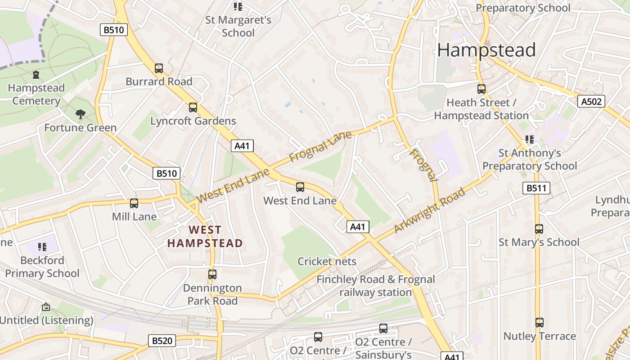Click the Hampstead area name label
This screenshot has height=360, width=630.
486,50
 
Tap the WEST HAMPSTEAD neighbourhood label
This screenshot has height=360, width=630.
205,237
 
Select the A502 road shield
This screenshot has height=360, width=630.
591,101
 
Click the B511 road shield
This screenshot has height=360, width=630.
536,188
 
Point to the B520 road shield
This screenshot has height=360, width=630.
162,341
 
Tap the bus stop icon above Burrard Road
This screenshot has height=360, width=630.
159,68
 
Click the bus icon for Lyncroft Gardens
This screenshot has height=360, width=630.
193,108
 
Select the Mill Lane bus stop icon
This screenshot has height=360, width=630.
134,203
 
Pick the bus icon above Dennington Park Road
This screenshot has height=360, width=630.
212,274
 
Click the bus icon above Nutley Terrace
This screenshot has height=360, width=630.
539,323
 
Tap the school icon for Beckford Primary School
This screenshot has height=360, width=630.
42,247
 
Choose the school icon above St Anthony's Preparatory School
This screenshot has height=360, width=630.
529,139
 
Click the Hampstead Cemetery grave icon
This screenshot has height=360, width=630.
36,74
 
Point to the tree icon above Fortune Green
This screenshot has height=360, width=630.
81,114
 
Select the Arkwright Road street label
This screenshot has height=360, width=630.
429,211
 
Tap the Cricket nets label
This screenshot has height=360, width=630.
327,261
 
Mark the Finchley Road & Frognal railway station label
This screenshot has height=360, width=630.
375,286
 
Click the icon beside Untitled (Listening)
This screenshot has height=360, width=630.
46,307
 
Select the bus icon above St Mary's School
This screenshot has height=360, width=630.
539,229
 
